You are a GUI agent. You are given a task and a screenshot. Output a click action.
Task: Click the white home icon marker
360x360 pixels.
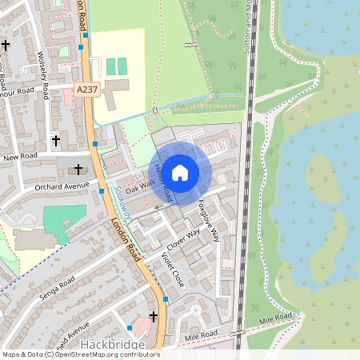[180, 172]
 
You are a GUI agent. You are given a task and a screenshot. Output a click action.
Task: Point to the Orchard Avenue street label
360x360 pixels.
[62, 186]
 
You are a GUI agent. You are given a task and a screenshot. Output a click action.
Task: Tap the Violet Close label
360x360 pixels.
[171, 269]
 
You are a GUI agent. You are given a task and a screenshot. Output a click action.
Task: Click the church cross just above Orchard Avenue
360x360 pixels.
[78, 169]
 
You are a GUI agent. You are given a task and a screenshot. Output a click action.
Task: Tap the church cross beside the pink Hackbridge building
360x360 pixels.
[154, 317]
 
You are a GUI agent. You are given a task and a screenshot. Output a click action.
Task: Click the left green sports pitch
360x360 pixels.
[110, 65]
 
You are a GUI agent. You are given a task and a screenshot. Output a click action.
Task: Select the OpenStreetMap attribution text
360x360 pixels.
[80, 354]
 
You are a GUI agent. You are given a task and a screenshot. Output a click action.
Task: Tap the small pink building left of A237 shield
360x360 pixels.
[68, 96]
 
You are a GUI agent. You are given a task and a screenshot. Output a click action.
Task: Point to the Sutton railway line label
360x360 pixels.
[248, 28]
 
